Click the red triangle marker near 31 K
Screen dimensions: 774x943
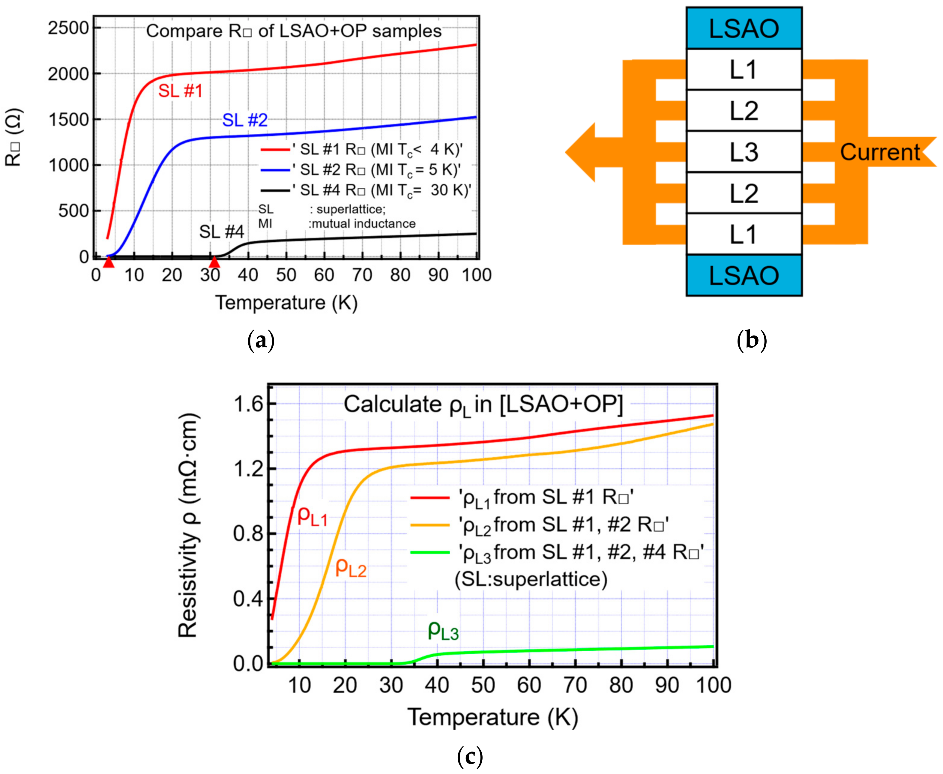pyautogui.click(x=214, y=262)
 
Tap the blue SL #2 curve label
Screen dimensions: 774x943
pyautogui.click(x=245, y=120)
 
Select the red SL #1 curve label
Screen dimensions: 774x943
pyautogui.click(x=180, y=91)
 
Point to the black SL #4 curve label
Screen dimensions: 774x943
pyautogui.click(x=222, y=232)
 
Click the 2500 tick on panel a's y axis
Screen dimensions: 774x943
pyautogui.click(x=69, y=28)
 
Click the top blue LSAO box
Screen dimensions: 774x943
pyautogui.click(x=744, y=28)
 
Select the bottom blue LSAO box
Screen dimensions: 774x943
pyautogui.click(x=744, y=275)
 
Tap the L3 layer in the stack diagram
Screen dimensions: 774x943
pyautogui.click(x=744, y=151)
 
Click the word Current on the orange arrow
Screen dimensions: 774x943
pyautogui.click(x=880, y=152)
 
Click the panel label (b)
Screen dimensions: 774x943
pyautogui.click(x=752, y=340)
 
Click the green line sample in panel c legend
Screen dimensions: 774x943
pyautogui.click(x=430, y=552)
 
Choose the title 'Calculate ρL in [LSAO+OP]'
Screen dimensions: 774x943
pyautogui.click(x=483, y=405)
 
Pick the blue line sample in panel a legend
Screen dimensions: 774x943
pyautogui.click(x=275, y=170)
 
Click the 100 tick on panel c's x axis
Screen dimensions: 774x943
pyautogui.click(x=713, y=685)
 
